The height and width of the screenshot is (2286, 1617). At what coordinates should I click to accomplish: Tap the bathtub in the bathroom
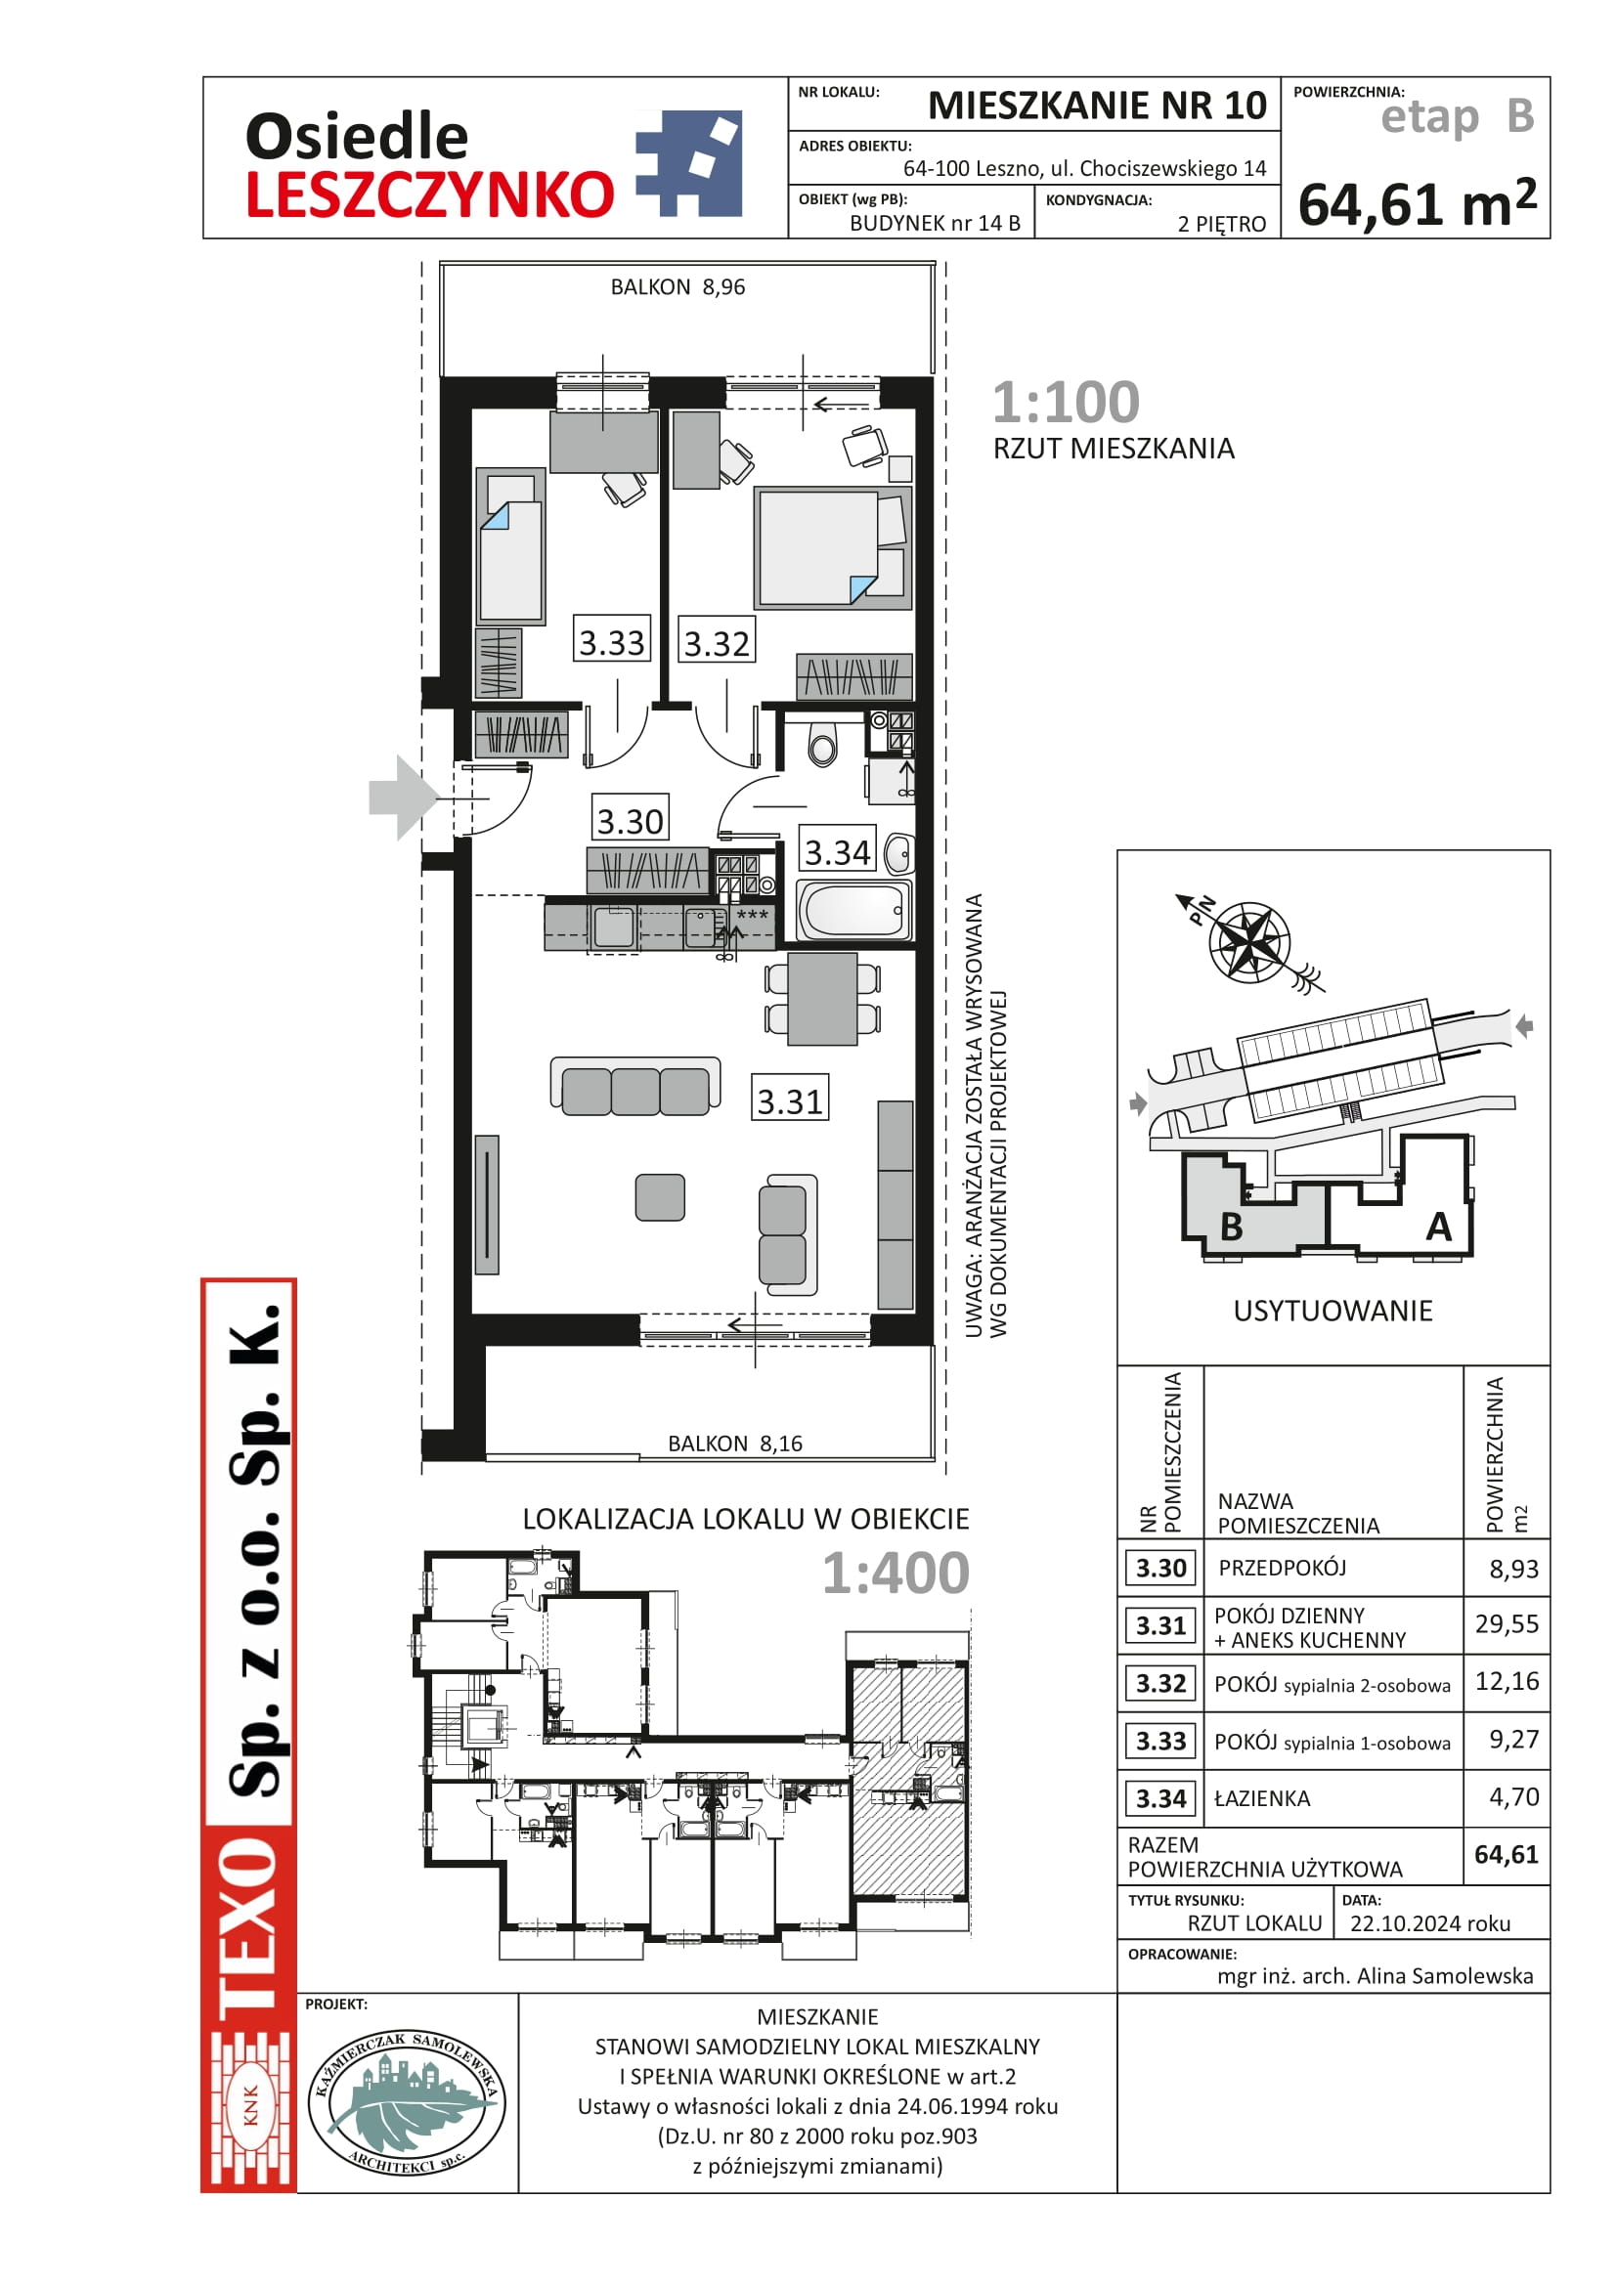(853, 909)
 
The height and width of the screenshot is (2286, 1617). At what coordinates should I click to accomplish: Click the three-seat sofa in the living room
(635, 1085)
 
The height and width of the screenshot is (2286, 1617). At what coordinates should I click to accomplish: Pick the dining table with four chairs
(822, 999)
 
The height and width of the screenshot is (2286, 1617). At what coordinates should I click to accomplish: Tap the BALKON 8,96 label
(677, 286)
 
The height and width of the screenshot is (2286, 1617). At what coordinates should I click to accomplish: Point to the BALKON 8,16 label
(735, 1444)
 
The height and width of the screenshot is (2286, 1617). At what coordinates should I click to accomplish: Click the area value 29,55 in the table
(1507, 1624)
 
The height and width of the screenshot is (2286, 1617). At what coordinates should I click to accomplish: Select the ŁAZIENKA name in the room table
(1261, 1798)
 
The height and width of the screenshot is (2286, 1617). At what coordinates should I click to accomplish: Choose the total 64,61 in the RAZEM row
(1507, 1854)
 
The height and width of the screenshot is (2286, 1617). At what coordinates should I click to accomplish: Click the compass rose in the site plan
(1249, 942)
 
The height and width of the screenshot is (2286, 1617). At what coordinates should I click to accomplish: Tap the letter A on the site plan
(1438, 1227)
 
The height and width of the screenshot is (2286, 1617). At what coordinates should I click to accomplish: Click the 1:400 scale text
(896, 1574)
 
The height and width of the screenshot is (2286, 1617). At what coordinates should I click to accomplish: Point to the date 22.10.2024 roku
(1430, 1923)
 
